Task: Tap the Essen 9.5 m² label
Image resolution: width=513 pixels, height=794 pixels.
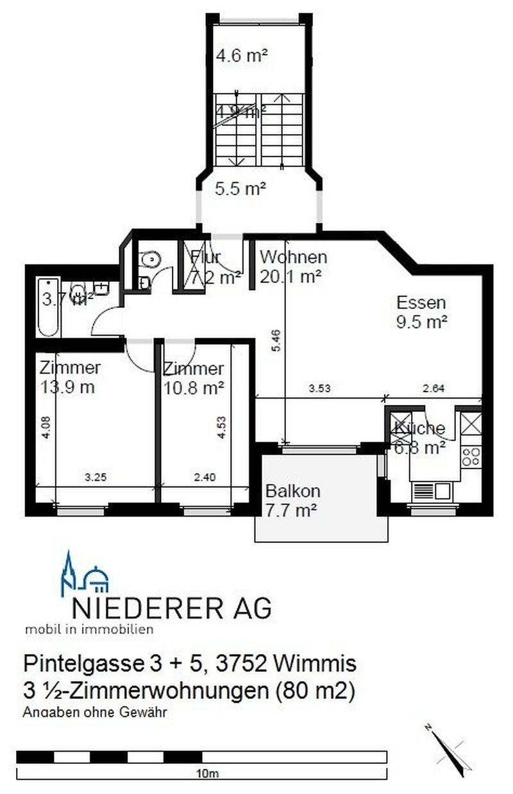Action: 421,312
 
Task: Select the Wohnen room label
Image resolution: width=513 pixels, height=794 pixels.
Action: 293,257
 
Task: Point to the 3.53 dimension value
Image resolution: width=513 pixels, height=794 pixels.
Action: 315,388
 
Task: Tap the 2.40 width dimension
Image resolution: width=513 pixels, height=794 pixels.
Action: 205,477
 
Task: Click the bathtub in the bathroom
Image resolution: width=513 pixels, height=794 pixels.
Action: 49,307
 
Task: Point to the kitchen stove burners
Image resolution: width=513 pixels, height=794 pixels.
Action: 471,455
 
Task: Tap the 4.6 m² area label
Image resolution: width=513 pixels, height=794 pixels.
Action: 241,55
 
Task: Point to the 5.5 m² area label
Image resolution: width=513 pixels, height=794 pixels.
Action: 240,189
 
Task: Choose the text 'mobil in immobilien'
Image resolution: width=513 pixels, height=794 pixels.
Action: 89,629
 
